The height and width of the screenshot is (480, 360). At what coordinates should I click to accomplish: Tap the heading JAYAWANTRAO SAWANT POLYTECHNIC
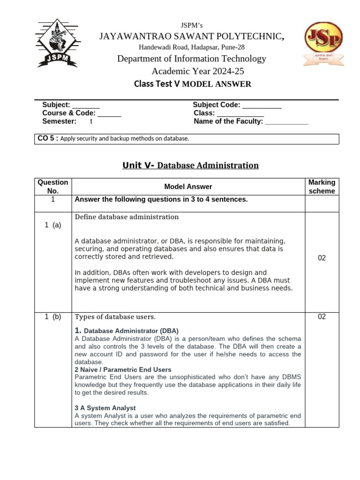click(190, 37)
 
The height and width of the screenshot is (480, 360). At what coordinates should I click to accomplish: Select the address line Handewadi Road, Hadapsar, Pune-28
click(192, 47)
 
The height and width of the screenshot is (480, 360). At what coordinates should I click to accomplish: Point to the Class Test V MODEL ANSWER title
click(192, 84)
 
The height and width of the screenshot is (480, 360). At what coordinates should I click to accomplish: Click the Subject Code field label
click(217, 105)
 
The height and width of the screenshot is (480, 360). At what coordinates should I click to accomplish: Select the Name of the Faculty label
click(228, 121)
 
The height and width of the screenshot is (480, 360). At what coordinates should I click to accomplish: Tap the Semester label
click(59, 121)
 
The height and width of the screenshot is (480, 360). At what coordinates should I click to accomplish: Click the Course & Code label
click(69, 113)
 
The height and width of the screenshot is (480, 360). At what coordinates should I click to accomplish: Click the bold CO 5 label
click(47, 138)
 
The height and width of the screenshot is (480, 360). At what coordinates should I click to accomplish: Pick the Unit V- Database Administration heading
click(190, 165)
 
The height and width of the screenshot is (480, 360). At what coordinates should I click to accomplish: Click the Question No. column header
click(53, 187)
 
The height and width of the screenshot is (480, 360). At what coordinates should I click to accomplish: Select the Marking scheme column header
click(322, 187)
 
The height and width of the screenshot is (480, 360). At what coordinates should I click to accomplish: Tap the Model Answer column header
click(188, 187)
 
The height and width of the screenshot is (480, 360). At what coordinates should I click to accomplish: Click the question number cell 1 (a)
click(53, 225)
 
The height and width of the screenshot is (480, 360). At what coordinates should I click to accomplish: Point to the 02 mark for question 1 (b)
click(322, 317)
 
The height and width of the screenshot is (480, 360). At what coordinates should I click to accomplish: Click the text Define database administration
click(127, 217)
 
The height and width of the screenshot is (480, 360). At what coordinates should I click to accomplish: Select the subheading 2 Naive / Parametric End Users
click(123, 369)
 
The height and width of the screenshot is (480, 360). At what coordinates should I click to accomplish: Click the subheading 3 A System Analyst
click(105, 408)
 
